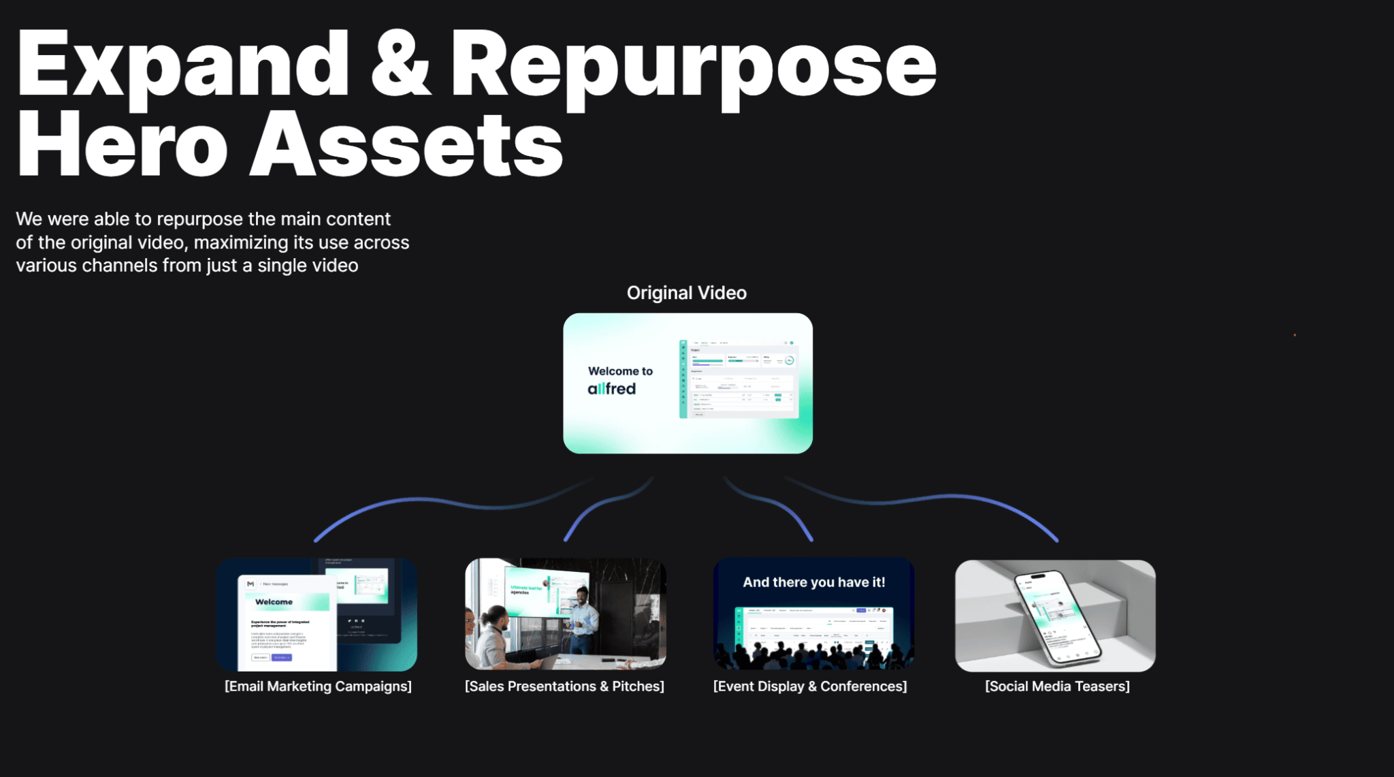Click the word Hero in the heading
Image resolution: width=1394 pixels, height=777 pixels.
point(122,145)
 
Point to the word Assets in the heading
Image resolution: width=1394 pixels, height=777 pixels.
point(406,145)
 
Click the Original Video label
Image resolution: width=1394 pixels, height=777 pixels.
point(686,293)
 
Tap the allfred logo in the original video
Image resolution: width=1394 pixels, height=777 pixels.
point(611,389)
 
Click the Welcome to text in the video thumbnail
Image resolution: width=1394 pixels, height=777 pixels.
point(620,371)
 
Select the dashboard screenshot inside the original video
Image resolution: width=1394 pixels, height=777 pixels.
point(738,379)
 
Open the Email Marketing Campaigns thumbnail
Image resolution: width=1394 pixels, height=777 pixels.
point(317,615)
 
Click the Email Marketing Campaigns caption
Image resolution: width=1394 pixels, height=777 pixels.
point(318,686)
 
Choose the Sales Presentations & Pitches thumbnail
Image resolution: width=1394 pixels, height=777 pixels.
point(565,615)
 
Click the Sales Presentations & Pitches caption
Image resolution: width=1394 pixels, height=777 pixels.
point(564,686)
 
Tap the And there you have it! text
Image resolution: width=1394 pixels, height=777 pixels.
point(813,582)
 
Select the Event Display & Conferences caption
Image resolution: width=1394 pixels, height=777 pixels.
point(810,686)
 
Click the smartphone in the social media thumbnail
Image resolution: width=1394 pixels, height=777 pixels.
point(1055,616)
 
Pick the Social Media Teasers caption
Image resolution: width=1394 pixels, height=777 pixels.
point(1057,686)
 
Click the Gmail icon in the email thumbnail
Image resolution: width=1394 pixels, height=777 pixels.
point(250,584)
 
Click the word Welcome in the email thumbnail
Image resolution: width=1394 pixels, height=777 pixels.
point(274,602)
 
